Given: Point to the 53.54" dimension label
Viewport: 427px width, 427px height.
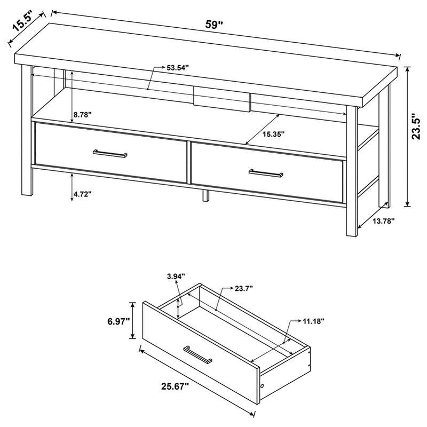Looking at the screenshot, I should tap(178, 68).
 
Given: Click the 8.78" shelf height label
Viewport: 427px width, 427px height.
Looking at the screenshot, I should tap(82, 114).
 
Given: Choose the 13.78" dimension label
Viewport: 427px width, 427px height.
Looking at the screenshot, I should tap(383, 223).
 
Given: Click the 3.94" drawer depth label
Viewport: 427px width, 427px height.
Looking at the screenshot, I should tap(176, 276).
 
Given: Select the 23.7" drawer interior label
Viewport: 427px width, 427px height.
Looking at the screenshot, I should tap(243, 288).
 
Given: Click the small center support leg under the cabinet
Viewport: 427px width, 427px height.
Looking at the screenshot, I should tap(205, 195).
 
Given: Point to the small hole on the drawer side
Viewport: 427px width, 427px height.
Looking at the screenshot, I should tap(262, 385).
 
